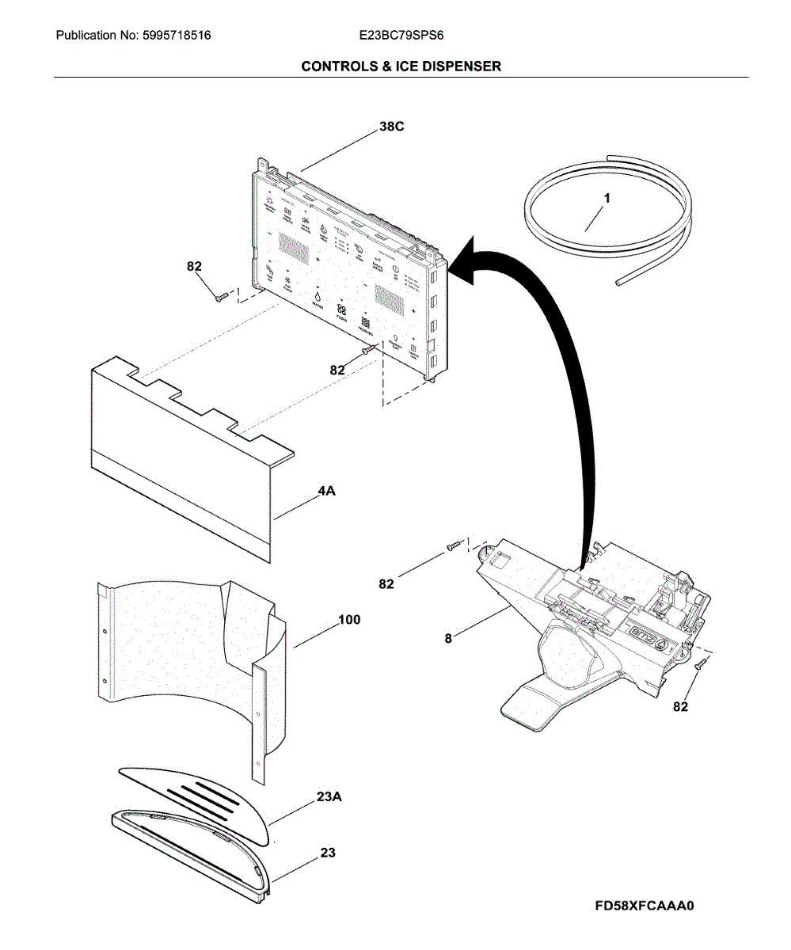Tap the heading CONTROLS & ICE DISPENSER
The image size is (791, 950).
[401, 66]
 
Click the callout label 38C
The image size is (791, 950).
[390, 127]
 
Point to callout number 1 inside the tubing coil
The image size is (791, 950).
[607, 199]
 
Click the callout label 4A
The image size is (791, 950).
[326, 492]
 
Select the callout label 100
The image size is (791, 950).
[349, 620]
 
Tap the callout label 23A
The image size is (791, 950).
[329, 798]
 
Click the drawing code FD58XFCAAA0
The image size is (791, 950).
[645, 906]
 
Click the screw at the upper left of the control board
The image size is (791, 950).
[221, 296]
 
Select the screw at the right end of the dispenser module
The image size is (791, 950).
[698, 667]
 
